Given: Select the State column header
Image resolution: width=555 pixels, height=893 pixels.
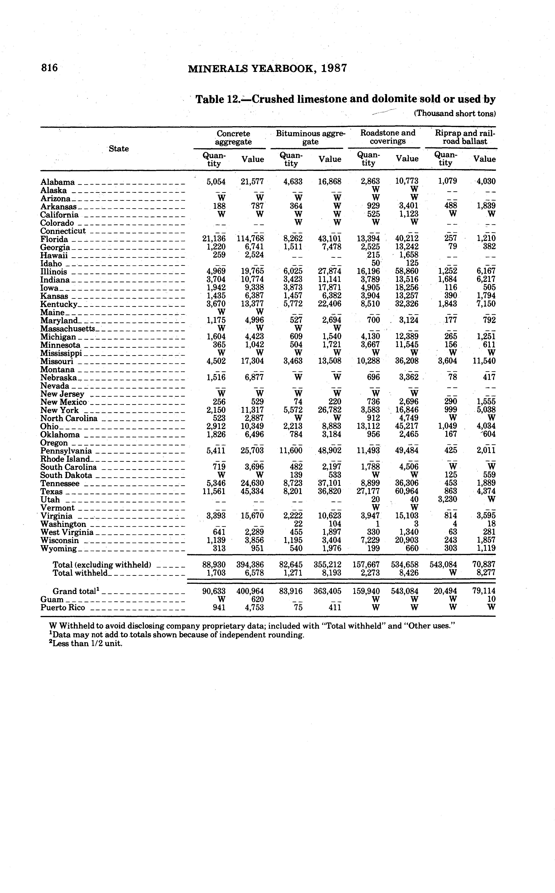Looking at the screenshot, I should click(x=119, y=149).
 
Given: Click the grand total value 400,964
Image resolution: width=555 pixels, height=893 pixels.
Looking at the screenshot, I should click(x=250, y=591).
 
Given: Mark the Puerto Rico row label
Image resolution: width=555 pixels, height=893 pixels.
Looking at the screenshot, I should click(x=63, y=608).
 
